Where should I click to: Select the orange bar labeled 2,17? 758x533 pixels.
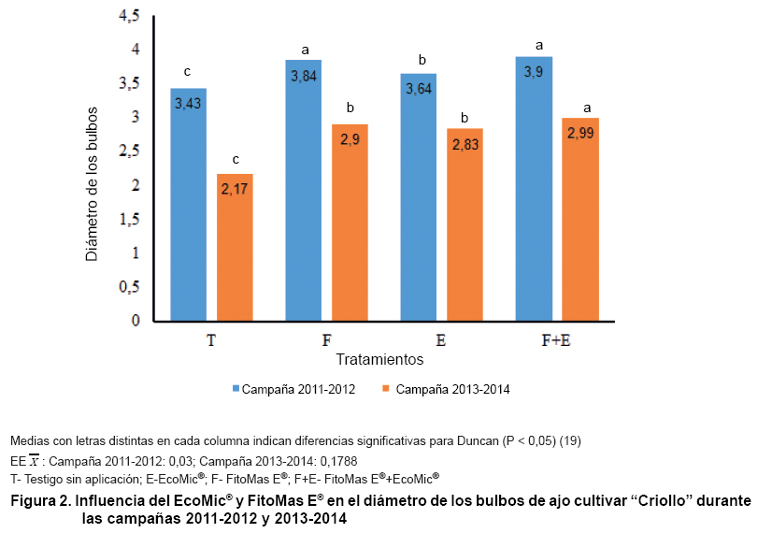236,249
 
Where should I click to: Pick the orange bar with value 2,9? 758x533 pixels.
350,223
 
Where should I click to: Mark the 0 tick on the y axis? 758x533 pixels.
136,321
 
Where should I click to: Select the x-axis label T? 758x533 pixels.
212,339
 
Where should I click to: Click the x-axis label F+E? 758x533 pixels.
558,339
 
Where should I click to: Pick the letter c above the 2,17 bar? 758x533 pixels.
236,159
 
